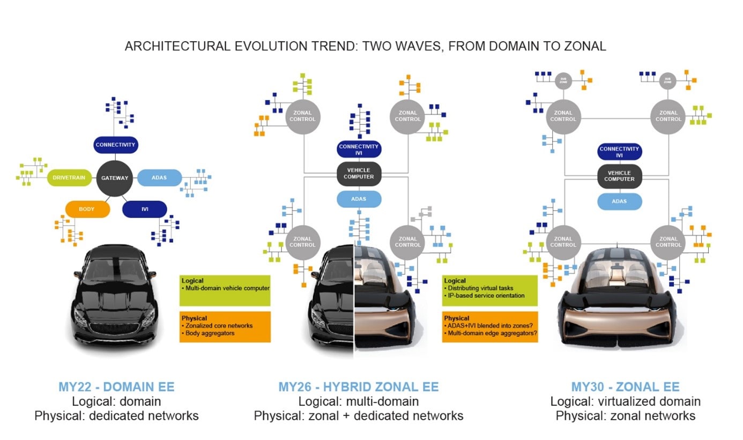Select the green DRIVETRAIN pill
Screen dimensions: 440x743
(70, 178)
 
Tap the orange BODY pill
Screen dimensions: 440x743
(87, 208)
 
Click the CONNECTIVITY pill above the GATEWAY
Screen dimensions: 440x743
(116, 145)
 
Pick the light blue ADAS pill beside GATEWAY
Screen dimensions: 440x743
(160, 177)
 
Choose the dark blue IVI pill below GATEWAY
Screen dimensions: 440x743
(144, 209)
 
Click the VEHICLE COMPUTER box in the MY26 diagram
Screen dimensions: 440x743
(359, 174)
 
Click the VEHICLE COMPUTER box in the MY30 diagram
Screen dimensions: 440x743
(619, 176)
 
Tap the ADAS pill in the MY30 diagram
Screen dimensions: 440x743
(619, 202)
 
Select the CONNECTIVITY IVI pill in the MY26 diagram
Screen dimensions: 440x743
(359, 150)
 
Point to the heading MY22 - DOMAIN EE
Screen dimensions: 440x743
(116, 386)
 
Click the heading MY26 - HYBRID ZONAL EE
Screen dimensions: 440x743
(358, 386)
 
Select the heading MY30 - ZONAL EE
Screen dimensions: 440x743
(625, 386)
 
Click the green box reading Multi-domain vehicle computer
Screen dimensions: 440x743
(225, 290)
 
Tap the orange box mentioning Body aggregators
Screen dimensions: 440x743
(225, 326)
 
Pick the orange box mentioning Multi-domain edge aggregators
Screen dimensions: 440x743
(489, 326)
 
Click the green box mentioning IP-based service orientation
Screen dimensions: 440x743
(489, 290)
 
